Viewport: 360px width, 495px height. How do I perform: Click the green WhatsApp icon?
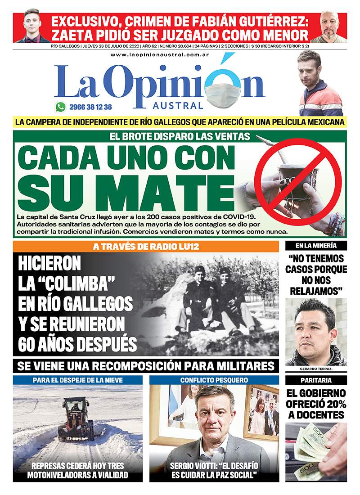[60, 107]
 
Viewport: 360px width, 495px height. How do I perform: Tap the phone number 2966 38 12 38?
[90, 107]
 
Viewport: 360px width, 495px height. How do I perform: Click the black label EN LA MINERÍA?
[316, 246]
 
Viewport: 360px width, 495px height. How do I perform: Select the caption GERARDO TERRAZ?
[316, 369]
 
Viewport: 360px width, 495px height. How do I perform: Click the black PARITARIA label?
[316, 380]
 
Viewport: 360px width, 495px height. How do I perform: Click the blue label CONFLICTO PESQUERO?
[214, 380]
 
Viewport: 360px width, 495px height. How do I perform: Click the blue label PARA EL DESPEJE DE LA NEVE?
[77, 380]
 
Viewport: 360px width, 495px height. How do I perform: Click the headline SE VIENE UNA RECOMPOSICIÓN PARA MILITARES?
[145, 364]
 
